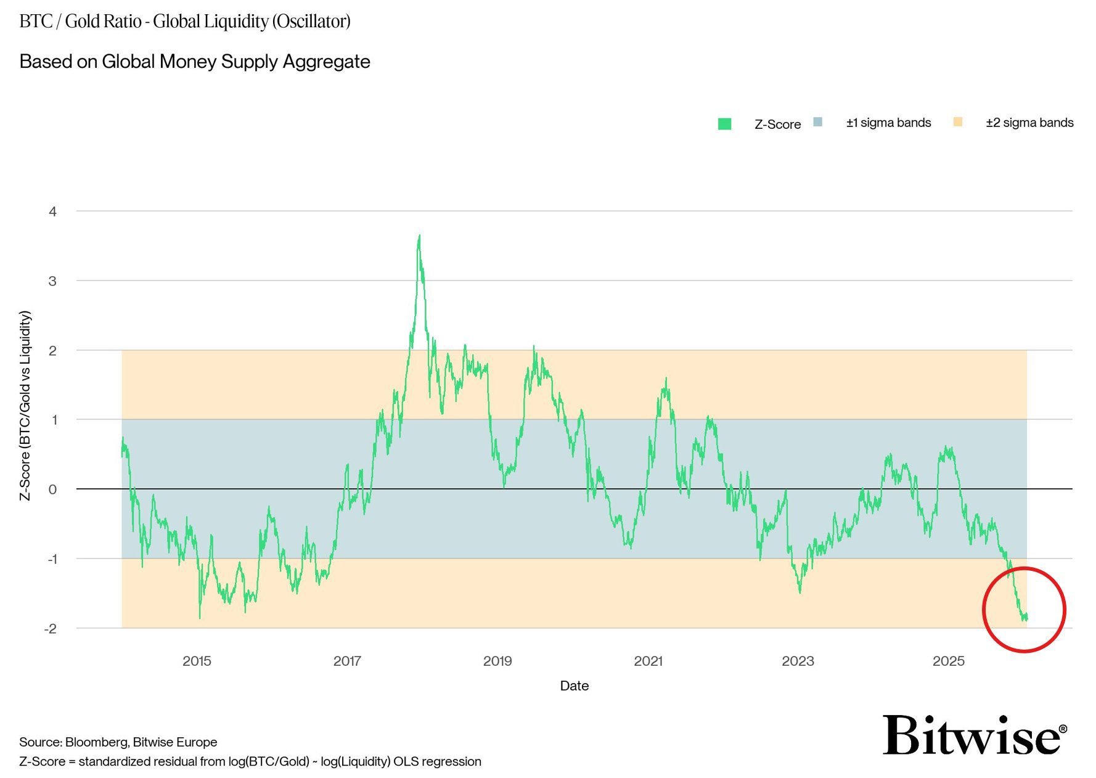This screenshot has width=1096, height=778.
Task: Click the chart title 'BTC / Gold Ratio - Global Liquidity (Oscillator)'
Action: pyautogui.click(x=185, y=22)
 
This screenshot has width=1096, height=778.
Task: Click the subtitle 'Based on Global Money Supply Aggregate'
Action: pyautogui.click(x=195, y=62)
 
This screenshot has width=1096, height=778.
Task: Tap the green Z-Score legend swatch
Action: pyautogui.click(x=725, y=124)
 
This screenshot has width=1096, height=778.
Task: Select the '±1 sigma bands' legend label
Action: pyautogui.click(x=888, y=123)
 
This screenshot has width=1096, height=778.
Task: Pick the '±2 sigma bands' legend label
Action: pyautogui.click(x=1029, y=123)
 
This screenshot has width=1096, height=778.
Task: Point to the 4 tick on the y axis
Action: pyautogui.click(x=53, y=211)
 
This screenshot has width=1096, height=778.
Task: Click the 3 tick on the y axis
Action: pyautogui.click(x=53, y=281)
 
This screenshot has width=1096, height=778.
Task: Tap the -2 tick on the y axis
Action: pyautogui.click(x=51, y=629)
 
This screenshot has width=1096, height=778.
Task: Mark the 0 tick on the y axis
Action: pyautogui.click(x=53, y=489)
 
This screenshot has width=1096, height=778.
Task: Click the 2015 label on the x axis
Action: pyautogui.click(x=197, y=661)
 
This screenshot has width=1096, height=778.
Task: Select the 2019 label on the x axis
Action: pyautogui.click(x=497, y=661)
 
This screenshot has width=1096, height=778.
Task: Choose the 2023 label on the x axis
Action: pyautogui.click(x=798, y=661)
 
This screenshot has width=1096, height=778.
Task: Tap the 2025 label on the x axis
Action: pyautogui.click(x=948, y=661)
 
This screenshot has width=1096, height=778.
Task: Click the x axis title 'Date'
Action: pyautogui.click(x=574, y=686)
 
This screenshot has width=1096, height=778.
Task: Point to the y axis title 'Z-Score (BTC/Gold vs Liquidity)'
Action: pyautogui.click(x=25, y=406)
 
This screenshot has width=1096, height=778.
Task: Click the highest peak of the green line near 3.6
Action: pyautogui.click(x=419, y=236)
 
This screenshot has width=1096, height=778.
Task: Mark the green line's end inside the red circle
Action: pyautogui.click(x=1026, y=618)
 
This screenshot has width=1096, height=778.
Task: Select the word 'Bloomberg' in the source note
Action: pyautogui.click(x=96, y=742)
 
